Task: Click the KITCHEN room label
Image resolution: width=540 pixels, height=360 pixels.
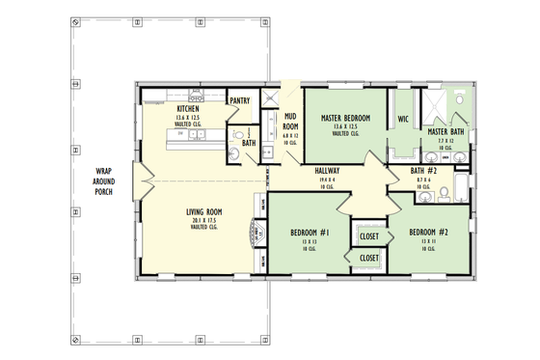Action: click(187, 109)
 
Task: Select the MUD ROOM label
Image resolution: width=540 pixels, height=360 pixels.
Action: click(288, 121)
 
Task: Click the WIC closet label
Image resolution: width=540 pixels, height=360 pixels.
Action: click(404, 120)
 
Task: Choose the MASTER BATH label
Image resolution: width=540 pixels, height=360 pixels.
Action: click(445, 132)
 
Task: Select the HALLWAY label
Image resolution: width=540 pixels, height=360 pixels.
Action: click(328, 170)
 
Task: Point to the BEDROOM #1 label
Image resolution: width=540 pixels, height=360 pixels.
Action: click(310, 233)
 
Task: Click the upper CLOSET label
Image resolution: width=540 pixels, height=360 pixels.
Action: click(368, 236)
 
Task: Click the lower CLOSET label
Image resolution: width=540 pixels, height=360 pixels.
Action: click(368, 258)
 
